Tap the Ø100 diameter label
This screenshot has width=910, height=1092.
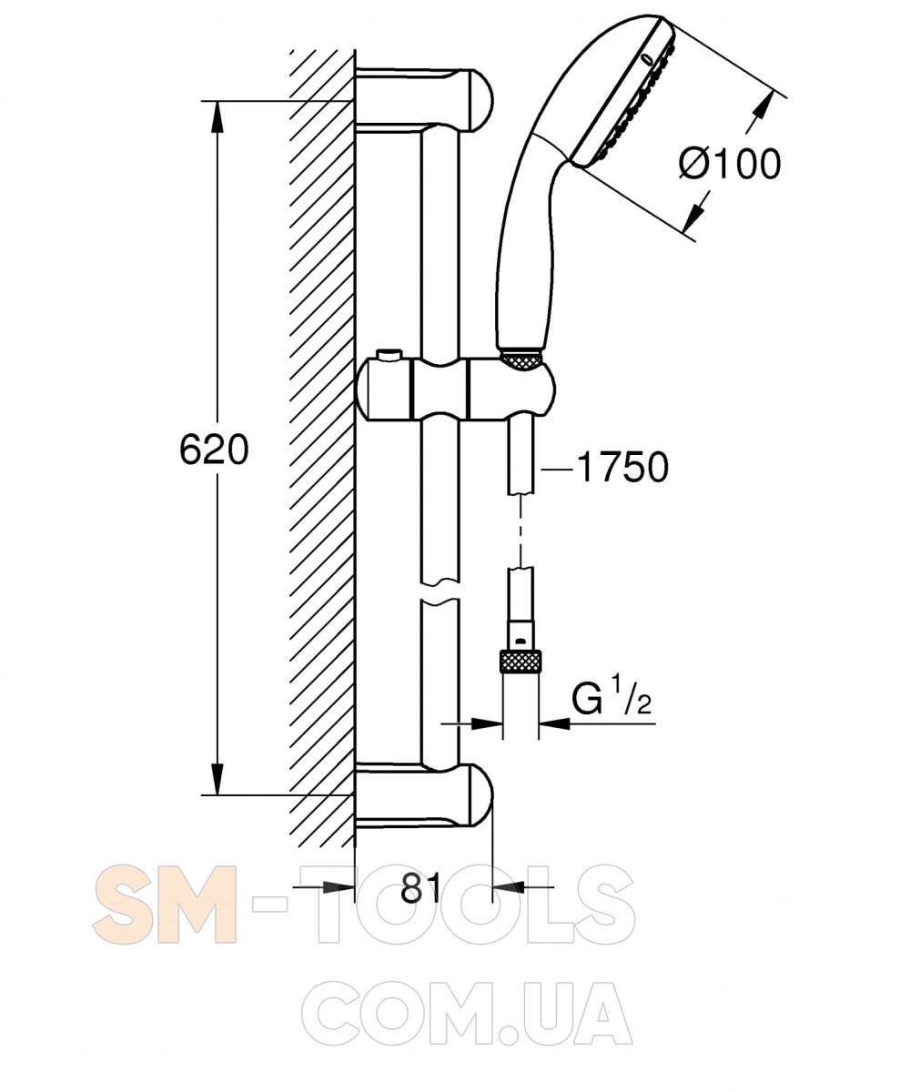[x=730, y=163]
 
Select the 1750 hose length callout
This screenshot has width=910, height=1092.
[x=622, y=467]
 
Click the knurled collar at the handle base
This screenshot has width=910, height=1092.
[x=521, y=362]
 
